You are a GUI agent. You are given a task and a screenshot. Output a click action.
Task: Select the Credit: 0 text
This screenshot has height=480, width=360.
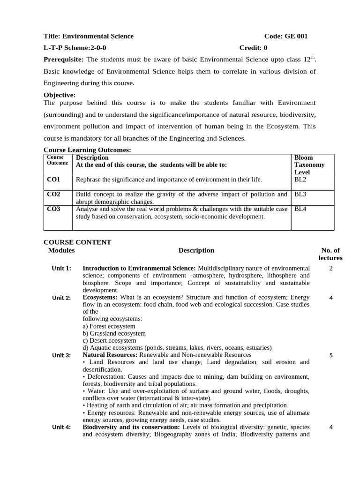point(253,48)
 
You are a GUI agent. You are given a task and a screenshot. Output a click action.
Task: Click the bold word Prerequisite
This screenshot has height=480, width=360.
point(63,60)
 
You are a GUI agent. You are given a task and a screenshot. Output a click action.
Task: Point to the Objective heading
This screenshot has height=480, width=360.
point(60,95)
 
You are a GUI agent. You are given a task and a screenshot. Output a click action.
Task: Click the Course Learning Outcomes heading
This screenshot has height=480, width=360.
point(87,150)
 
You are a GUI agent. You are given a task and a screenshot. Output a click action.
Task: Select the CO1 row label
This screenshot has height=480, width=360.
point(54,180)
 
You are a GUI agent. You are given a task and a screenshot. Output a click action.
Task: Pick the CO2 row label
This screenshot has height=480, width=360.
point(54,194)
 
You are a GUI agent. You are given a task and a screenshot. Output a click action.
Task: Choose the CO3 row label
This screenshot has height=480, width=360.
point(54,209)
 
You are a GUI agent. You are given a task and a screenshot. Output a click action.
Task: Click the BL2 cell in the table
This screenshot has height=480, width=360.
point(300,180)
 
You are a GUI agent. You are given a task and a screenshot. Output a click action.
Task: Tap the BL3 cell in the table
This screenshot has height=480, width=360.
point(300,194)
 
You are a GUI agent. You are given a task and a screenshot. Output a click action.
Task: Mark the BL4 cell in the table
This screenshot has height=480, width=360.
point(300,209)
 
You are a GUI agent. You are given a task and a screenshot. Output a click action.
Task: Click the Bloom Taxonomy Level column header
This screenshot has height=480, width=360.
point(309,165)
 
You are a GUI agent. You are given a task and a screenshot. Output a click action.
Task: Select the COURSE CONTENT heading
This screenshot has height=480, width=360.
point(77,242)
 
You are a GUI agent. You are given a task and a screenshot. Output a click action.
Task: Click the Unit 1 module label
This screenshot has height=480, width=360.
point(61,268)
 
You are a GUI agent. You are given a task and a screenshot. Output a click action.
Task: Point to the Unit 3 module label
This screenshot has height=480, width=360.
point(61,355)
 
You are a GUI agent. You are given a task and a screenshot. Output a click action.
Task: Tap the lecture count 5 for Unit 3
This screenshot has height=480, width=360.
point(331,355)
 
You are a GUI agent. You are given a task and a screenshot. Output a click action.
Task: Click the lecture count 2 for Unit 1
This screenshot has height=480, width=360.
point(331,268)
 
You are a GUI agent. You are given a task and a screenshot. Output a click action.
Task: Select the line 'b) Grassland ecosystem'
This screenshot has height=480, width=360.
point(114,333)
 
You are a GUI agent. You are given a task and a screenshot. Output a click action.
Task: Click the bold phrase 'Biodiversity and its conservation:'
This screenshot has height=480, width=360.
point(131,427)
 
